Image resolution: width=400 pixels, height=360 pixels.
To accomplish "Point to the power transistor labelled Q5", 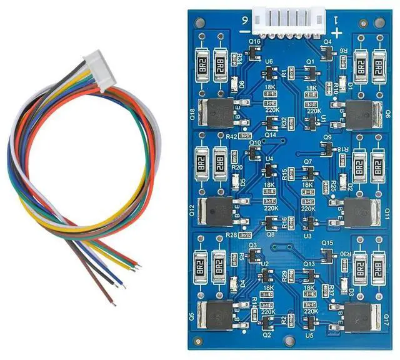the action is (216, 317).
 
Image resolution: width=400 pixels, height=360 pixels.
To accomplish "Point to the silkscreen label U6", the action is (269, 61).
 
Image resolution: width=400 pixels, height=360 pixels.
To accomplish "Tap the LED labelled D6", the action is (239, 84).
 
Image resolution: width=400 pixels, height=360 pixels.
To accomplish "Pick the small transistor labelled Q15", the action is (326, 252).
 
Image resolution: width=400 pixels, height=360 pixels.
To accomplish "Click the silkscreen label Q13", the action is (309, 264).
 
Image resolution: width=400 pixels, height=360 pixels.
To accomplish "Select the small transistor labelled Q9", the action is (326, 147).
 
